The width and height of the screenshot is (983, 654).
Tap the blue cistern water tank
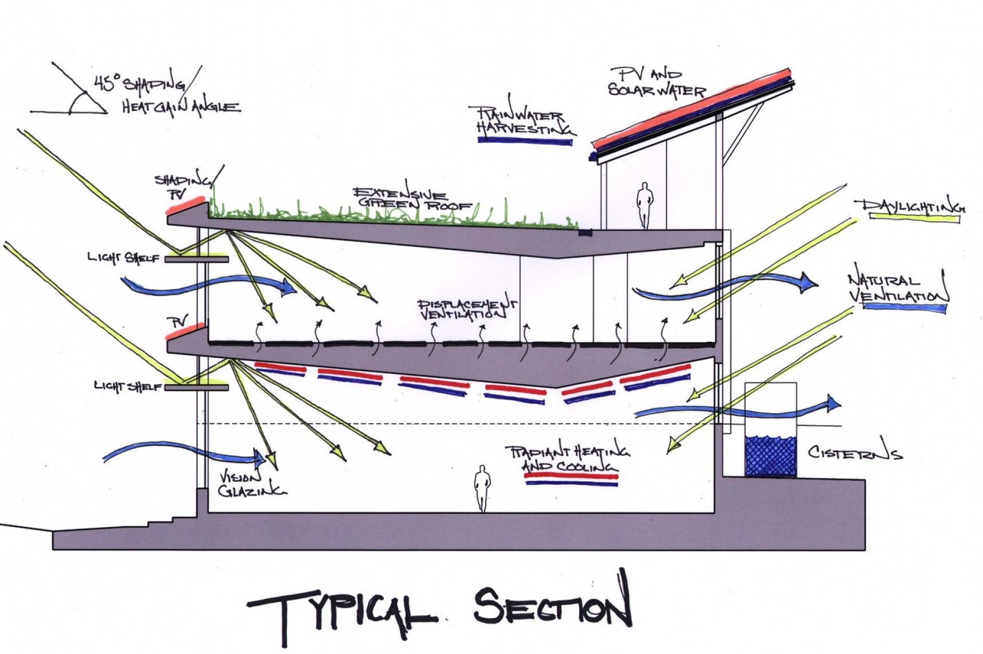770,456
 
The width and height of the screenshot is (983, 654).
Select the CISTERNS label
855,452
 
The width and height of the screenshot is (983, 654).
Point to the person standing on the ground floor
482,488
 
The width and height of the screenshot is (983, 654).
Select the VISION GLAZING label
251,484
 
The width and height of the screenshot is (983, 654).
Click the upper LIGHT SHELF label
123,258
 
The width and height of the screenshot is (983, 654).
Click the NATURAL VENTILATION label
895,288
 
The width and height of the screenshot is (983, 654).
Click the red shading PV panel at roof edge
185,205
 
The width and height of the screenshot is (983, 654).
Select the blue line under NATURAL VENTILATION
904,308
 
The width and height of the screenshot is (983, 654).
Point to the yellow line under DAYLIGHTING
914,217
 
